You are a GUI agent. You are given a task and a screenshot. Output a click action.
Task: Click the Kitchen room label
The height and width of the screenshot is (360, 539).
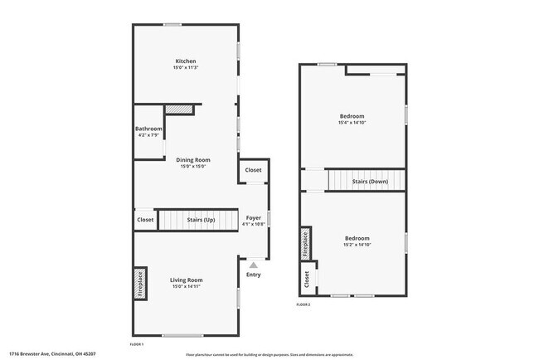pos(185,61)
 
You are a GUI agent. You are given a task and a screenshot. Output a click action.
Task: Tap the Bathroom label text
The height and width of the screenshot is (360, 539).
pos(148,129)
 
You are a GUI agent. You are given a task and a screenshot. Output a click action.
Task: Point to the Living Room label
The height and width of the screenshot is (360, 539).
pos(187,280)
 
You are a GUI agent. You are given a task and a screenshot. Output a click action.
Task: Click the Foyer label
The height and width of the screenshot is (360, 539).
pos(254,217)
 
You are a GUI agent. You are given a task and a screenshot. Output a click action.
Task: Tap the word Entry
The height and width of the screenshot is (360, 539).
pos(254,275)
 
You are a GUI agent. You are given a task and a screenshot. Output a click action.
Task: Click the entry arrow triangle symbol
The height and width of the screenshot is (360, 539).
pos(254,265)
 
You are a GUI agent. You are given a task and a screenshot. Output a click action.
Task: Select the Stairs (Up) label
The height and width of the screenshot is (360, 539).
pos(200,220)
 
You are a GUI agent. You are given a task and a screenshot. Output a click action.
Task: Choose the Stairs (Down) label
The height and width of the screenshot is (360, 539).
pos(370,181)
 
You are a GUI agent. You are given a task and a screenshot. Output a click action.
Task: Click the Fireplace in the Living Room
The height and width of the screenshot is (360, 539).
pos(140,283)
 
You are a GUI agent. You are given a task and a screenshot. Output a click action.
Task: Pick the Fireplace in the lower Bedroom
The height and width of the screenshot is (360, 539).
pos(306,241)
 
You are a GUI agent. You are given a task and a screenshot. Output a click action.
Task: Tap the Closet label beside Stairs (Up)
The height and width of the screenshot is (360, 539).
pos(145,220)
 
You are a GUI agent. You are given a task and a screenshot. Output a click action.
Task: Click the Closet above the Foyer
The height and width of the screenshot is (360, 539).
pos(254,170)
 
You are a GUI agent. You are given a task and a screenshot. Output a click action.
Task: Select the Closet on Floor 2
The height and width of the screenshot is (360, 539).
pos(307,280)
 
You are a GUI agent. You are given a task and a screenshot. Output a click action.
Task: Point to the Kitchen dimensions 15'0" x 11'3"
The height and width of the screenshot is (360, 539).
pos(185,67)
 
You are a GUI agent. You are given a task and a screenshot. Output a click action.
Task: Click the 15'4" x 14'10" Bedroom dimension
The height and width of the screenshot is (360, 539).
pos(352,123)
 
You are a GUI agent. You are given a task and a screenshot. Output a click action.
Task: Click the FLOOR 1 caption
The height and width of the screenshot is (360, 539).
pos(138,343)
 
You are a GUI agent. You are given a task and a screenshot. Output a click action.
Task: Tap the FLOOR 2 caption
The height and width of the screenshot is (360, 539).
pos(303,304)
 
